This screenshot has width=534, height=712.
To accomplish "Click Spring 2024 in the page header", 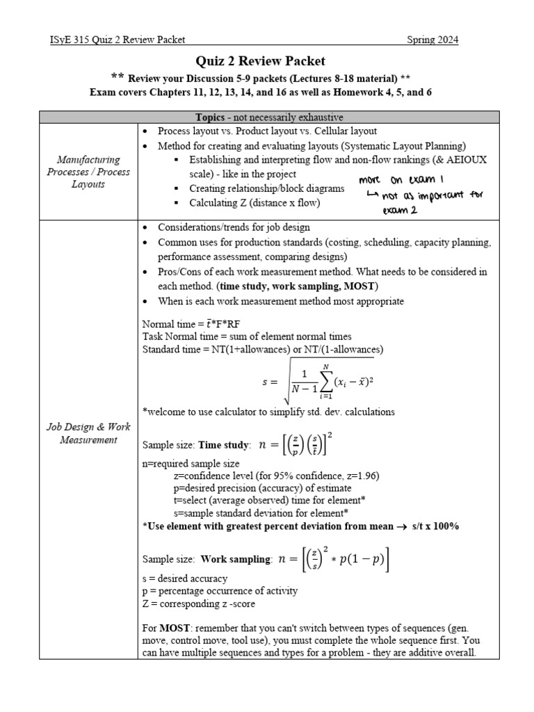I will tap(432, 40).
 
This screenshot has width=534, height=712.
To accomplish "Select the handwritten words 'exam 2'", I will tap(399, 211).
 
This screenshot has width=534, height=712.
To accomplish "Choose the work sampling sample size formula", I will tap(333, 558).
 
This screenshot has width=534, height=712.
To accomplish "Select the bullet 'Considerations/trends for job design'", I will tap(234, 227).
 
